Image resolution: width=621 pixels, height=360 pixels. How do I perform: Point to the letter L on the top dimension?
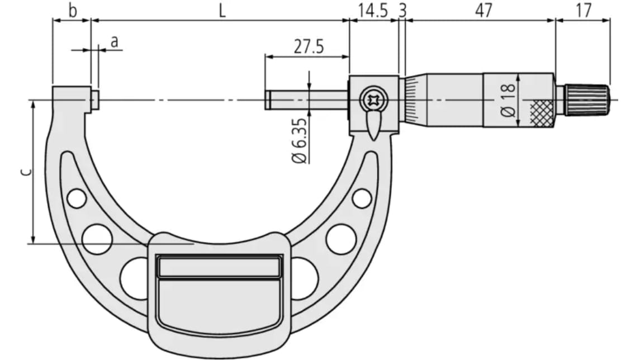click(222, 12)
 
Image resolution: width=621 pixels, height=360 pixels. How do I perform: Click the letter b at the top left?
click(72, 11)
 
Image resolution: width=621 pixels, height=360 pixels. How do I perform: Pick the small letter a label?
click(115, 41)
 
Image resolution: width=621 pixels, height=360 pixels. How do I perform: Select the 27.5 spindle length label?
click(309, 47)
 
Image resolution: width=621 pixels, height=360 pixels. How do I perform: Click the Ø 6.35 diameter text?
click(299, 140)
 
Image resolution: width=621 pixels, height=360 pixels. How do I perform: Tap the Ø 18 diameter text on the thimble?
click(508, 101)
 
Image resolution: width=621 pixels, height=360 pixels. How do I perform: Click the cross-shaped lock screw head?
click(371, 101)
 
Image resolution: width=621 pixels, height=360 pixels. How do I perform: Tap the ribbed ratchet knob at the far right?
click(586, 100)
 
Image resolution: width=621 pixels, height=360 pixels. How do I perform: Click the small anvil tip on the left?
click(95, 101)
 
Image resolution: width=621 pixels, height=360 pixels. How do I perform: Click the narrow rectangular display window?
click(219, 267)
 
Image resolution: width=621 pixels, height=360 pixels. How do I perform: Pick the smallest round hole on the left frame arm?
click(76, 198)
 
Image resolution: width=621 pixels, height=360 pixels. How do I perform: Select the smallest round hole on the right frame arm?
click(362, 198)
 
